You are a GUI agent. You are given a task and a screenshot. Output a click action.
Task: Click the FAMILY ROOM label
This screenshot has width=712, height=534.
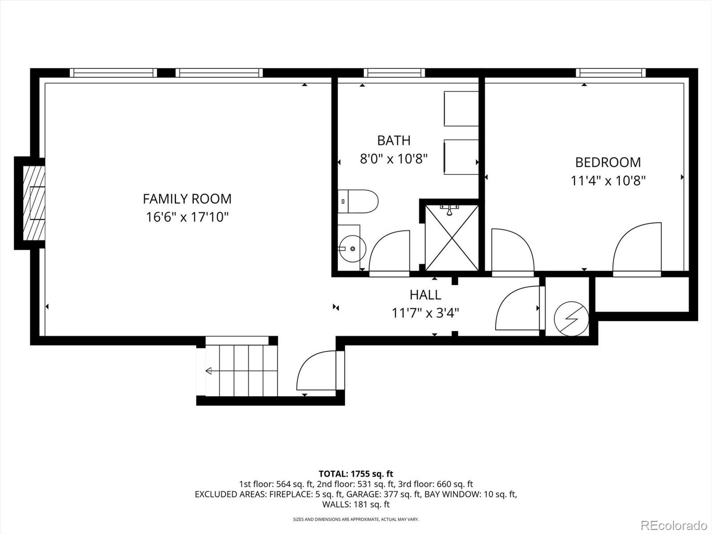[x=187, y=198]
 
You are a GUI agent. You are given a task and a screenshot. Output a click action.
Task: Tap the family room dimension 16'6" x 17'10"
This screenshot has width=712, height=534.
[x=187, y=217]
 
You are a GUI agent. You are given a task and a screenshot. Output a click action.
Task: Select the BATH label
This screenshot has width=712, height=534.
[x=393, y=140]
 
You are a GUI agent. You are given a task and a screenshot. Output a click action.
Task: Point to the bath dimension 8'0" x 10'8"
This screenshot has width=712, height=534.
[x=393, y=158]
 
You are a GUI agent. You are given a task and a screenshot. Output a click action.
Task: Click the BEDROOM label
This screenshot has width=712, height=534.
[x=608, y=162]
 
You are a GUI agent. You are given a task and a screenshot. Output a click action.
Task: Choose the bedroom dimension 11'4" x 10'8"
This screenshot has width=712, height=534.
[x=608, y=181]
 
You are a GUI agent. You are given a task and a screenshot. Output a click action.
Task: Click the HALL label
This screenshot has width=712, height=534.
[x=425, y=295]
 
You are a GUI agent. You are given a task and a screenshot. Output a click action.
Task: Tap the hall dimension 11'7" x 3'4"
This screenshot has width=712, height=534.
[x=425, y=313]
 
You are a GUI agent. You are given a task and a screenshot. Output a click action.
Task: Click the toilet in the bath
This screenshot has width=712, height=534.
[x=358, y=201]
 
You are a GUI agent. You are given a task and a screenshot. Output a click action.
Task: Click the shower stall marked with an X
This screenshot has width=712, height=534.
[x=452, y=238]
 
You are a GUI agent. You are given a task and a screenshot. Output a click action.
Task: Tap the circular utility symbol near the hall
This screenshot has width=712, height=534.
[x=571, y=319]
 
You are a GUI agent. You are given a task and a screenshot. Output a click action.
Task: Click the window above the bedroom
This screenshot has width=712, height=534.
[x=611, y=73]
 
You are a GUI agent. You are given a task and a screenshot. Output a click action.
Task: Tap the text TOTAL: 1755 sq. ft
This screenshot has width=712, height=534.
[x=356, y=473]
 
